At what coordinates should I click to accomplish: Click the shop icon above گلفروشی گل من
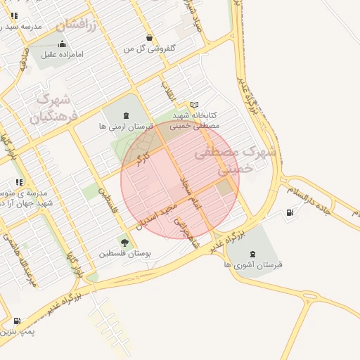(x=148, y=37)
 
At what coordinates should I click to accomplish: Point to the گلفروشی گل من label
(x=148, y=49)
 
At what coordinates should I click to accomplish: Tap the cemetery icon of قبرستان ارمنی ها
(x=126, y=115)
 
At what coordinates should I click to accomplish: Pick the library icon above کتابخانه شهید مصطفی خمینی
(x=195, y=104)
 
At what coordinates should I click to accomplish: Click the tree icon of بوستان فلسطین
(x=124, y=243)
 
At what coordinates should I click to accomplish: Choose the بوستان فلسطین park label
(x=122, y=253)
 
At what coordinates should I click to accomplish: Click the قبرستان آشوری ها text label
(x=252, y=265)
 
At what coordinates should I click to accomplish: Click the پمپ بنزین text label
(x=18, y=330)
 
